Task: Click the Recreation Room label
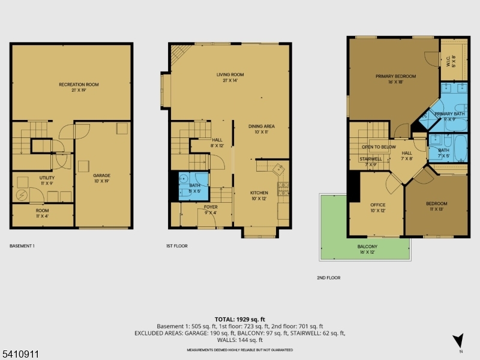tap(79, 85)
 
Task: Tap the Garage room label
tap(101, 176)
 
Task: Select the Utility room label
tap(47, 178)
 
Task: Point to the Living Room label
tap(230, 75)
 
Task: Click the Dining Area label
tap(262, 127)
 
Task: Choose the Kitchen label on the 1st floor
tap(259, 193)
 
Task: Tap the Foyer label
tap(211, 206)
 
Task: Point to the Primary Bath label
tap(449, 113)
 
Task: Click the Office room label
tap(377, 205)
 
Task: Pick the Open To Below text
tap(379, 146)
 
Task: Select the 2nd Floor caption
tap(329, 278)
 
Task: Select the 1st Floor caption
tap(178, 246)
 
